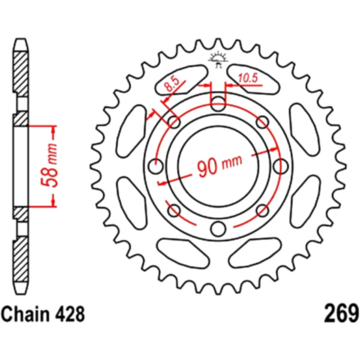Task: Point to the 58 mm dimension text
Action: [52, 166]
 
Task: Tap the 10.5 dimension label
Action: [248, 77]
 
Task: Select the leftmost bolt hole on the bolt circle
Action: [157, 166]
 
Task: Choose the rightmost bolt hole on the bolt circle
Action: [279, 166]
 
